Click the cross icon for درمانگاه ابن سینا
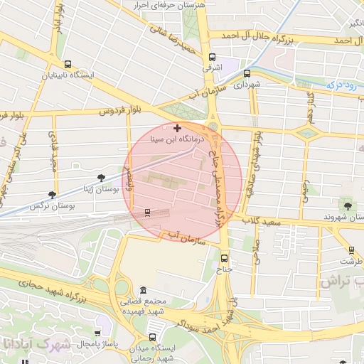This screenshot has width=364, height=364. click(177, 128)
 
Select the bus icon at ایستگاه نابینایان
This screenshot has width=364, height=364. click(67, 64)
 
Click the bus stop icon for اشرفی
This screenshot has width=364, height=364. click(211, 58)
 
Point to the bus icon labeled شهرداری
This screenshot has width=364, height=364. click(247, 73)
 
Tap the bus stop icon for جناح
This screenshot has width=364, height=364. click(225, 258)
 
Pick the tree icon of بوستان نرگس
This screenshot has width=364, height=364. click(52, 194)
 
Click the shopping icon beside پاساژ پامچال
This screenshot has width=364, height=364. click(97, 333)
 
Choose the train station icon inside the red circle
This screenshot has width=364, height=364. click(147, 212)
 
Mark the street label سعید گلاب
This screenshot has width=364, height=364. click(267, 223)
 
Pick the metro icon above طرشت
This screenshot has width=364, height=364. click(351, 250)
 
